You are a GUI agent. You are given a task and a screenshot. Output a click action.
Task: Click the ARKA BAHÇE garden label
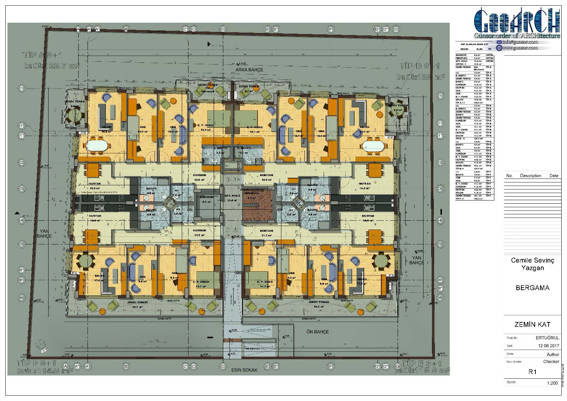249,70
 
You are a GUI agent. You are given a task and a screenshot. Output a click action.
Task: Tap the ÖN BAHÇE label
317,332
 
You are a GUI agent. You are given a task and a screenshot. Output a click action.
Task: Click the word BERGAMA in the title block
533,288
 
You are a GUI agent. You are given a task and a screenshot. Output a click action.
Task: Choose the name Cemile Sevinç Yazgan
533,264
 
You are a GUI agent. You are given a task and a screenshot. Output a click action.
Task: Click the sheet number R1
532,372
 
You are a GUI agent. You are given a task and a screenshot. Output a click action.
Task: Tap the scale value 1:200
552,383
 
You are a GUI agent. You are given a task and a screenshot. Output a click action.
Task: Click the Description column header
530,176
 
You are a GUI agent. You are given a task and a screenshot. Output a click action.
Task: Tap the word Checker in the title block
551,362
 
